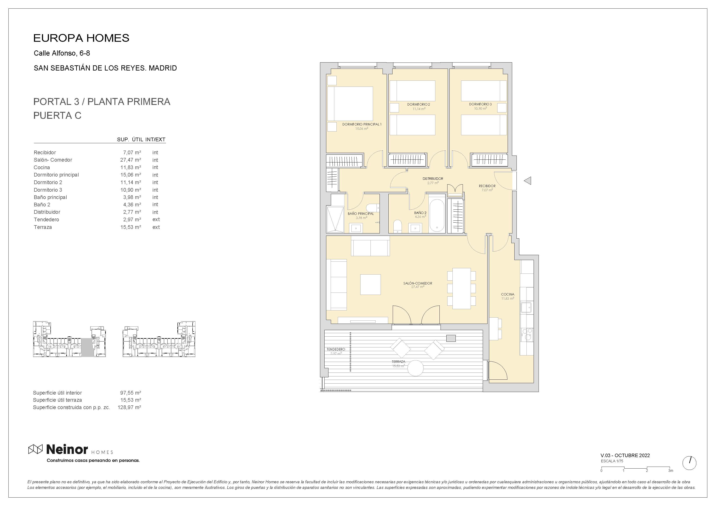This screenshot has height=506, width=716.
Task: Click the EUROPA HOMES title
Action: point(81,38)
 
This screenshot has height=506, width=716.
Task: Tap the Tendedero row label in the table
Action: point(47,220)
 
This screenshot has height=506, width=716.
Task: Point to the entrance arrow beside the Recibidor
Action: point(527,180)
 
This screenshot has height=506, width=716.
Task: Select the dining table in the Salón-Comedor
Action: point(462,288)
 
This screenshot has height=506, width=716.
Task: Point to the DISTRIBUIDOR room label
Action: point(433,179)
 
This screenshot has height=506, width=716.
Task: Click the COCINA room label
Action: point(507,294)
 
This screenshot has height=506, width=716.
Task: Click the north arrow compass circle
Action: point(689,463)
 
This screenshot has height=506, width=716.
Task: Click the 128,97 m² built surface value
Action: point(129,407)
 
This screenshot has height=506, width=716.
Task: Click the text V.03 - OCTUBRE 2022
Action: point(625,455)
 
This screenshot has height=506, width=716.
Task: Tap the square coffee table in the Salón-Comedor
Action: point(370,284)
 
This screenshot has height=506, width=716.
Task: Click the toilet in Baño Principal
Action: point(373,208)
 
